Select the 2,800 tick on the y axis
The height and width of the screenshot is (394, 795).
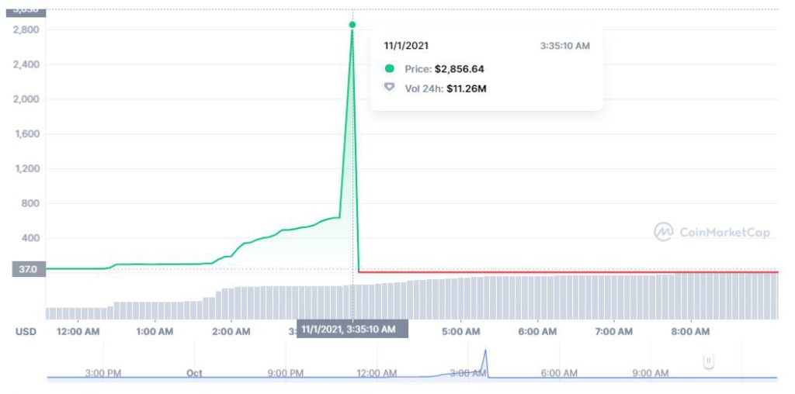26,29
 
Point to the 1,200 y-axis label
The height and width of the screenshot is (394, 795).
26,168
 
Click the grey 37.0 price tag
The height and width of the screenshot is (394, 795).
27,269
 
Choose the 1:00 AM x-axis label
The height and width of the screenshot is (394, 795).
154,332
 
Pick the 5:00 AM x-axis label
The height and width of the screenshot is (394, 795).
461,332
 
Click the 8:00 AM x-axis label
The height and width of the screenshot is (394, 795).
690,332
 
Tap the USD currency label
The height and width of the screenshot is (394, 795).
26,332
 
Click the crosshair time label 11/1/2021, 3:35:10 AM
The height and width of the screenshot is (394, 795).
352,330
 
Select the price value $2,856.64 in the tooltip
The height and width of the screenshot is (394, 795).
459,69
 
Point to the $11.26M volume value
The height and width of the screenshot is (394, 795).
466,88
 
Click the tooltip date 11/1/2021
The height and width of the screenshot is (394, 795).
406,46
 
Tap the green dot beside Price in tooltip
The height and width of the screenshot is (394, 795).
390,69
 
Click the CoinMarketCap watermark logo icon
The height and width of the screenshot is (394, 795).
663,232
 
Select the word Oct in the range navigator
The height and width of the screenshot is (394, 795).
194,373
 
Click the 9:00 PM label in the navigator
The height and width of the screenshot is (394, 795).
286,373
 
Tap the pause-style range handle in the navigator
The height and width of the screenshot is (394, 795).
708,361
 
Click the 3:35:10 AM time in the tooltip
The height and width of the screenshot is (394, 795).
564,46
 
